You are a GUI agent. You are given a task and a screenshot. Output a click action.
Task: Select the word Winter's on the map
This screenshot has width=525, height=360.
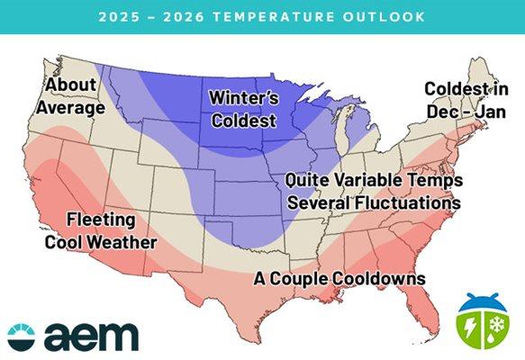click(x=242, y=95)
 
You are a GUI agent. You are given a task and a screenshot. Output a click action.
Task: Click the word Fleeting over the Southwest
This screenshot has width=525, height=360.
click(x=101, y=220)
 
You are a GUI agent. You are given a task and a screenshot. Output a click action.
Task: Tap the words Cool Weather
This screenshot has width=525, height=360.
click(x=101, y=242)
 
